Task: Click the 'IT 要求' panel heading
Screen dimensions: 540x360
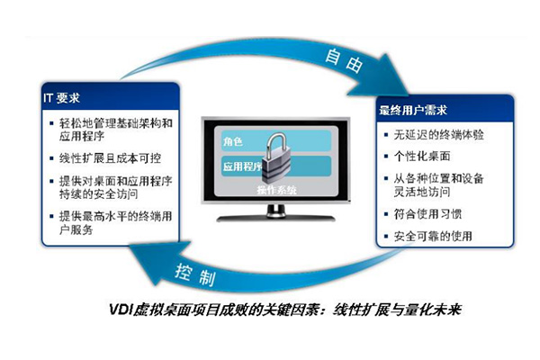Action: pyautogui.click(x=61, y=98)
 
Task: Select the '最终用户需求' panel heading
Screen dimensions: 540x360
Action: pyautogui.click(x=413, y=110)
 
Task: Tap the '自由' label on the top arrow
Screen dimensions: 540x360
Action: pyautogui.click(x=344, y=60)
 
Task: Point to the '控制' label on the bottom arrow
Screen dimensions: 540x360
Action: pyautogui.click(x=195, y=274)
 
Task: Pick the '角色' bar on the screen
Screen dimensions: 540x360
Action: pyautogui.click(x=275, y=140)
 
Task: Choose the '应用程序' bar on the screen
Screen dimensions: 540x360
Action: pyautogui.click(x=275, y=166)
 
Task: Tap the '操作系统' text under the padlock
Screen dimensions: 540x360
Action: pyautogui.click(x=276, y=190)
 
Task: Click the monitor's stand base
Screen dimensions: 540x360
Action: pyautogui.click(x=275, y=218)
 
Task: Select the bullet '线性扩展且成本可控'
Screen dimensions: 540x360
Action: pyautogui.click(x=110, y=158)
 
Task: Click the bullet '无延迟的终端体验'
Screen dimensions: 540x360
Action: pyautogui.click(x=439, y=135)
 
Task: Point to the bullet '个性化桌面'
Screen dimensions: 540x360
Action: pyautogui.click(x=422, y=157)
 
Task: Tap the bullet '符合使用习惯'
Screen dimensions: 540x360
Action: pyautogui.click(x=427, y=214)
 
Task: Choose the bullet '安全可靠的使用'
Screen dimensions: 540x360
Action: pyautogui.click(x=433, y=236)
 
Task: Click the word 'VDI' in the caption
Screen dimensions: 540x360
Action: pyautogui.click(x=121, y=310)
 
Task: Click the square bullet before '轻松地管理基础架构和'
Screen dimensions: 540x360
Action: pyautogui.click(x=51, y=123)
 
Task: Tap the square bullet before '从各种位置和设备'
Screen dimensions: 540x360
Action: pyautogui.click(x=386, y=178)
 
